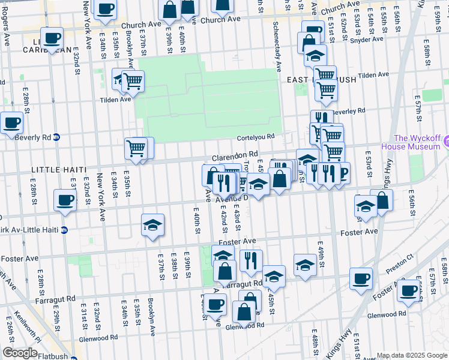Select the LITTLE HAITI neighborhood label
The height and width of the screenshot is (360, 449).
53,170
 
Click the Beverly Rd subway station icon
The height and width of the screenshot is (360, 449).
56,137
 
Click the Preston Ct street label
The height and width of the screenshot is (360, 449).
400,265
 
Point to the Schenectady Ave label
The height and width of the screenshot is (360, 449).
276,49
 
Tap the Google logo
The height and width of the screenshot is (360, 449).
20,353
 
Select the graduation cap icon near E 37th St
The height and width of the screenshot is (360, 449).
152,225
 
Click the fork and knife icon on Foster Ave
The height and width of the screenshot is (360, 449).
251,260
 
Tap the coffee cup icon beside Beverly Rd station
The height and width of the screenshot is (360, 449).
12,124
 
